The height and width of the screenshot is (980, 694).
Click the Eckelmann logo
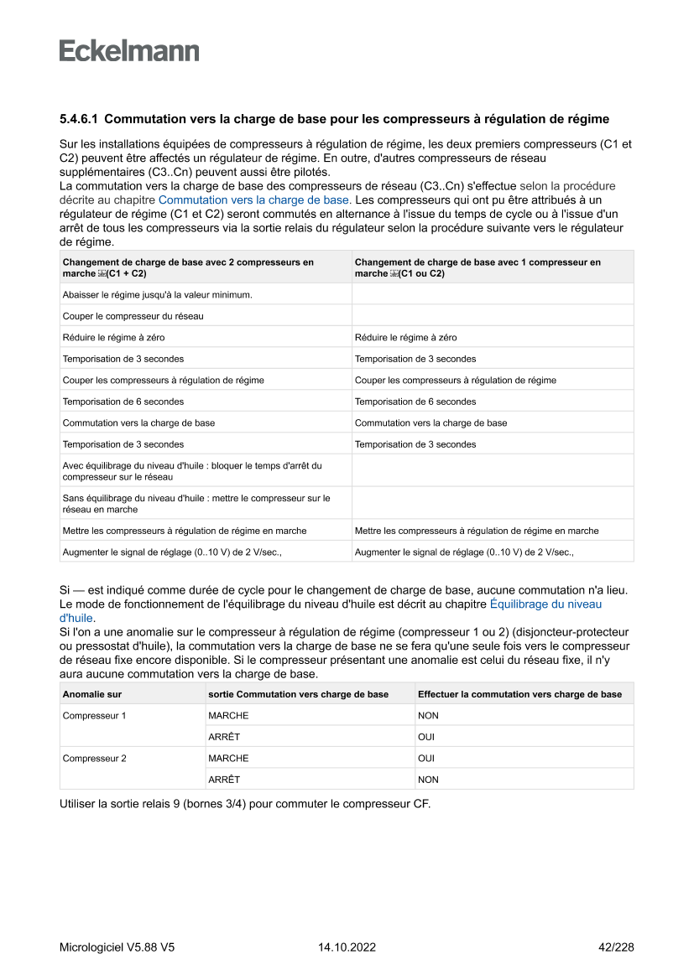click(129, 50)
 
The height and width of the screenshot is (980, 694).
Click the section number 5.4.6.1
click(79, 119)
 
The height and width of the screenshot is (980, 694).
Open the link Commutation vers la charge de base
click(253, 200)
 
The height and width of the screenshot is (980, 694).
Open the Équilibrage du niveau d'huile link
click(545, 604)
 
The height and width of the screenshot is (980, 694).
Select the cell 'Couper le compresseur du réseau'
click(133, 316)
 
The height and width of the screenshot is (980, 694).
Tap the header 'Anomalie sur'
click(92, 694)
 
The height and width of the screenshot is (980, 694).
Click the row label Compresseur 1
click(95, 716)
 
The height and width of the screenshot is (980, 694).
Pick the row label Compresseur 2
click(95, 759)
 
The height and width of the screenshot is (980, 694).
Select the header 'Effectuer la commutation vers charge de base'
click(519, 694)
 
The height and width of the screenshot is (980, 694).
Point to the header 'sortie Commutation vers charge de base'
click(299, 694)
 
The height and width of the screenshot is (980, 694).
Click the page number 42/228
click(615, 947)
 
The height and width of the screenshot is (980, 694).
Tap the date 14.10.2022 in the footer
click(347, 947)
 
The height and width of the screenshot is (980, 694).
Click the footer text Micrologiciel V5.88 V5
click(117, 947)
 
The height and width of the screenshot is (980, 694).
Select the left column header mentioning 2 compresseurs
click(188, 267)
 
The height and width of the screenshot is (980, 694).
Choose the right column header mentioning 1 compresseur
click(477, 267)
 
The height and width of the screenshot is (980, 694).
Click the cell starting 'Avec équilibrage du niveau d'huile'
click(192, 471)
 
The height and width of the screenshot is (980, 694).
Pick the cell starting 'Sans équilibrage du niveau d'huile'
click(196, 504)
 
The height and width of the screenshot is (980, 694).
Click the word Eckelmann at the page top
click(129, 50)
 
